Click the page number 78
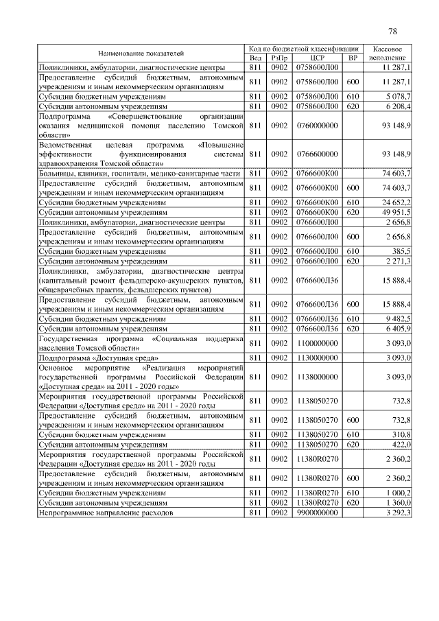(392, 31)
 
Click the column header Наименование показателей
(141, 53)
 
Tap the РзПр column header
(279, 58)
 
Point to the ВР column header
(353, 58)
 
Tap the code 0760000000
(316, 126)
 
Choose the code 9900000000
(316, 512)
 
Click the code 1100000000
(316, 343)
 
